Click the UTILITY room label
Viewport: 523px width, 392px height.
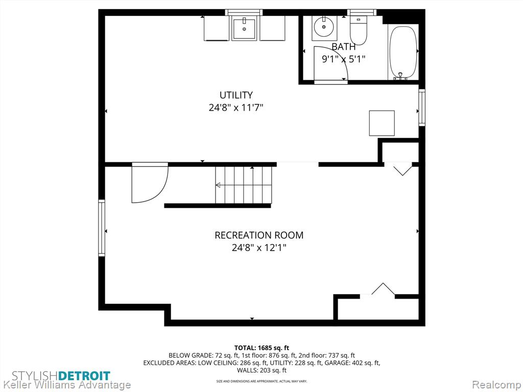click(x=236, y=95)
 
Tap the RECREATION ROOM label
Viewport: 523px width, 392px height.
click(x=259, y=235)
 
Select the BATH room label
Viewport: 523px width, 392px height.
click(x=343, y=46)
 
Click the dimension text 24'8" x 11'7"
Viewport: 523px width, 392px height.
click(x=236, y=108)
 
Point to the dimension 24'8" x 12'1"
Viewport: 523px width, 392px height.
click(x=259, y=248)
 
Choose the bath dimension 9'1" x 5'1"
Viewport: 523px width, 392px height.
click(x=343, y=59)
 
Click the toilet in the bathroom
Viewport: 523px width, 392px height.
click(x=358, y=30)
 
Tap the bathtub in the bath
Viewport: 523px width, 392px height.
click(x=403, y=53)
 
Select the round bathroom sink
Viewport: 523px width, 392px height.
click(x=324, y=28)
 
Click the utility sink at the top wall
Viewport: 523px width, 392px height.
click(x=245, y=29)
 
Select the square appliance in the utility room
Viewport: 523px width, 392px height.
click(x=382, y=124)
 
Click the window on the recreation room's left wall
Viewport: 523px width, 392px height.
click(x=102, y=228)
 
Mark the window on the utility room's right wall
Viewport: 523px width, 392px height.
click(x=422, y=107)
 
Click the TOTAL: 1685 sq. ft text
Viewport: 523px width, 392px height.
click(x=261, y=348)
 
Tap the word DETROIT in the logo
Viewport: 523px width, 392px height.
click(x=84, y=376)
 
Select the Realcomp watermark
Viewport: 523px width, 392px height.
click(x=496, y=384)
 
